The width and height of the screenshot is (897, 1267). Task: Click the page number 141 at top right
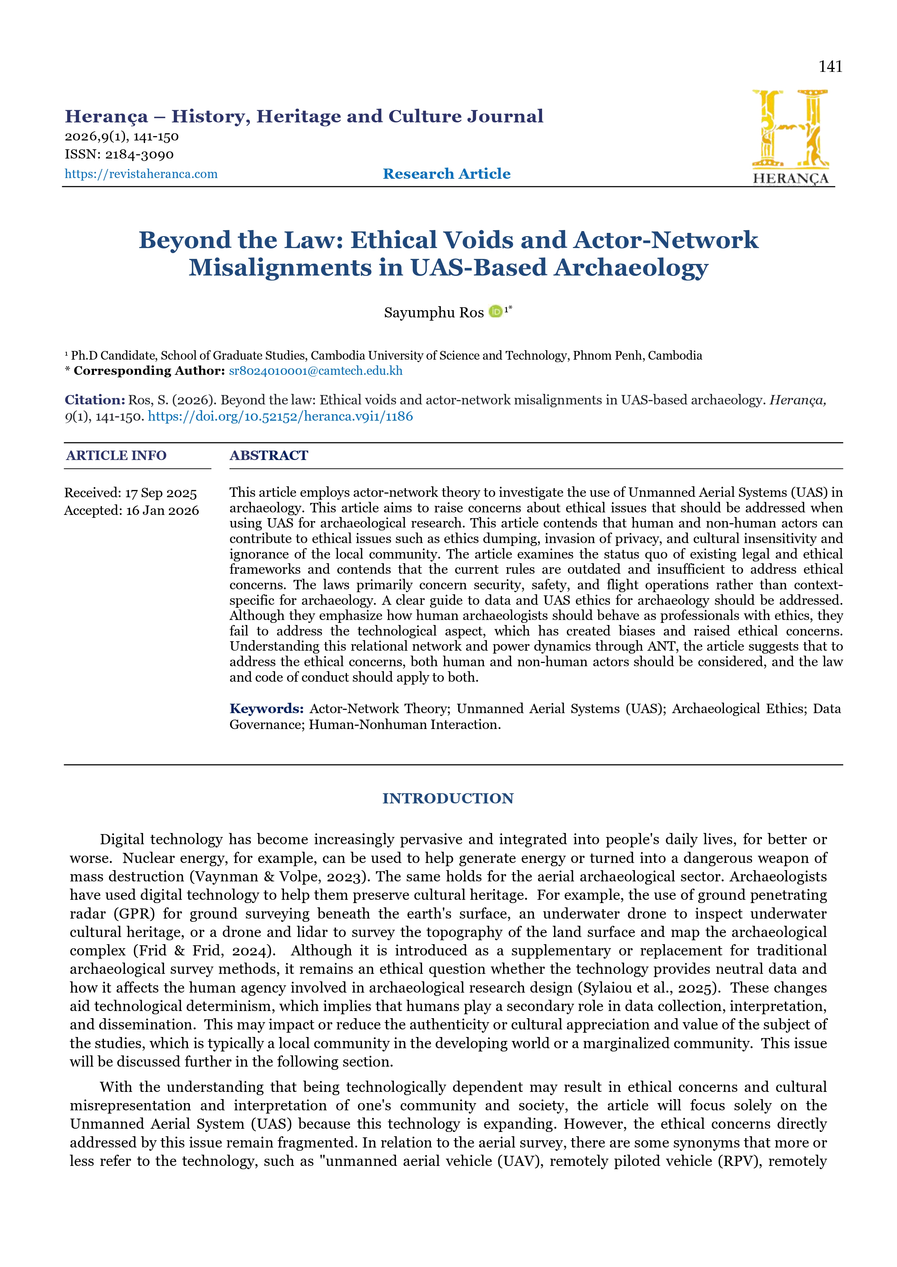click(x=830, y=67)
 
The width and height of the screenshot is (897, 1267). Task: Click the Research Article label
click(x=446, y=174)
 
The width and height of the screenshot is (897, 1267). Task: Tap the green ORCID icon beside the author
click(x=495, y=312)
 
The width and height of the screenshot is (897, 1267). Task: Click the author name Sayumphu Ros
click(x=434, y=313)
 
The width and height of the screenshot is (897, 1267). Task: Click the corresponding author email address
click(x=316, y=371)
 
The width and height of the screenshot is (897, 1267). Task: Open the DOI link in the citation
click(x=280, y=417)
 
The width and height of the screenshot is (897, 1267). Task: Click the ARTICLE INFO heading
click(x=116, y=455)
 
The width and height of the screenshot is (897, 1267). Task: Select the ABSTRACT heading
click(x=269, y=455)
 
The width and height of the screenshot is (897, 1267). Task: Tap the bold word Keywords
click(x=266, y=708)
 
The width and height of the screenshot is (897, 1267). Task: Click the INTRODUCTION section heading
click(x=448, y=798)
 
